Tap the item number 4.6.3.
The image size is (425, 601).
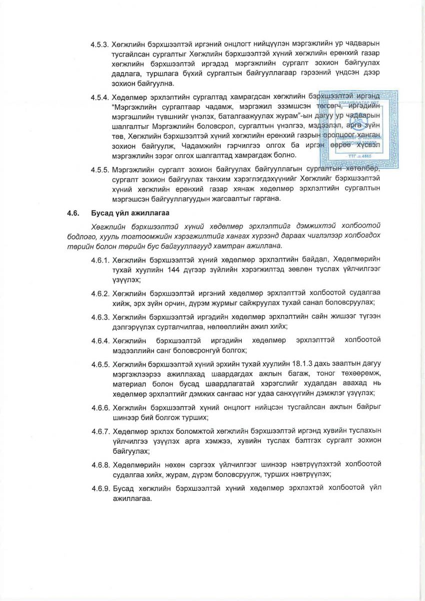click(x=99, y=317)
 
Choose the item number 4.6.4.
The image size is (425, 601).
click(x=99, y=341)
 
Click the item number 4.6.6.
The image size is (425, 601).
click(x=99, y=408)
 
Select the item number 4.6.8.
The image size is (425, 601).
click(x=99, y=464)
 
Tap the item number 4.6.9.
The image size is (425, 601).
click(x=99, y=488)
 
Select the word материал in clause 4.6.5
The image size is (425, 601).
click(x=128, y=385)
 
